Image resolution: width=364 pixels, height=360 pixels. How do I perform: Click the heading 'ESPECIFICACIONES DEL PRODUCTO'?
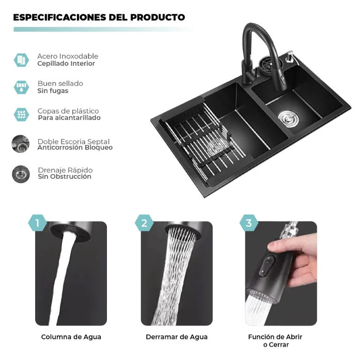click(x=99, y=18)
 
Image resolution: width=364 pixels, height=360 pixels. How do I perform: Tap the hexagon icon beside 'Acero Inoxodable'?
click(x=21, y=60)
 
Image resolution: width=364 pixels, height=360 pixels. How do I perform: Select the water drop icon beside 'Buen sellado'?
click(x=21, y=87)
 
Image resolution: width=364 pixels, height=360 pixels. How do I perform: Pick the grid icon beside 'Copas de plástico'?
click(x=21, y=114)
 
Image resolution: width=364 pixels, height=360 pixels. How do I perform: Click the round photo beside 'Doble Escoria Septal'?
click(x=21, y=144)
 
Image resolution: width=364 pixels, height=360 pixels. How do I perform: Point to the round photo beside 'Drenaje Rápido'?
click(x=21, y=174)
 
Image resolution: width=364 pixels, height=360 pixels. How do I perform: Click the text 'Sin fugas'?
click(x=53, y=91)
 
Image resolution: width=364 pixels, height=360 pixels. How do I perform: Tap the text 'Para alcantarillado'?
click(x=69, y=118)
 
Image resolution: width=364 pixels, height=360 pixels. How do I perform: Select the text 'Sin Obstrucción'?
click(x=64, y=177)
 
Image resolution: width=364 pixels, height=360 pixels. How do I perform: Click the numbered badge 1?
click(x=38, y=223)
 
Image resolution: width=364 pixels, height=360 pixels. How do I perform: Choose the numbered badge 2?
click(x=144, y=223)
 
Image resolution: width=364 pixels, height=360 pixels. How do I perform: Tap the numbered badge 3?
click(x=249, y=223)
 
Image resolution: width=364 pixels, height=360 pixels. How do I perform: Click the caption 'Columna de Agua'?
click(x=71, y=337)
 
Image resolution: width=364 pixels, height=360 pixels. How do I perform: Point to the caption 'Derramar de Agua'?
click(x=176, y=337)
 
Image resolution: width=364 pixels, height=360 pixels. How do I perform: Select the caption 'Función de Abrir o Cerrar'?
click(x=275, y=341)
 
